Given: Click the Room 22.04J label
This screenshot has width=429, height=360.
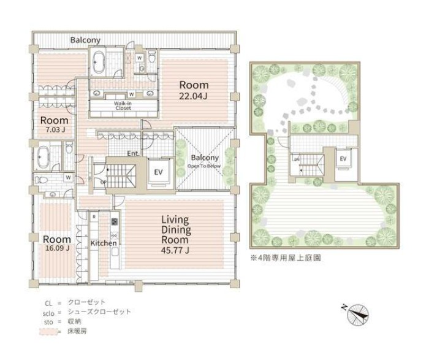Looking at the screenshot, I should point(193,90).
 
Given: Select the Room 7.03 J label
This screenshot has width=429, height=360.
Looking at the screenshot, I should point(55,124).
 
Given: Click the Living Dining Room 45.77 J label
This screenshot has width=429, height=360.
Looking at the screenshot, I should point(175,234).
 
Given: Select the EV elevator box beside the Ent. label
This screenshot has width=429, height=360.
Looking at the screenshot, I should point(158,172).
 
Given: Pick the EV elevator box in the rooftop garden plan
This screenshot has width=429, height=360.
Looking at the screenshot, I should point(343,158).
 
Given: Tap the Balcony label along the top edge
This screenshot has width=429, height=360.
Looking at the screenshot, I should point(85,40).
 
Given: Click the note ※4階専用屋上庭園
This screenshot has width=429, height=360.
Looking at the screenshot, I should point(285,258).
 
